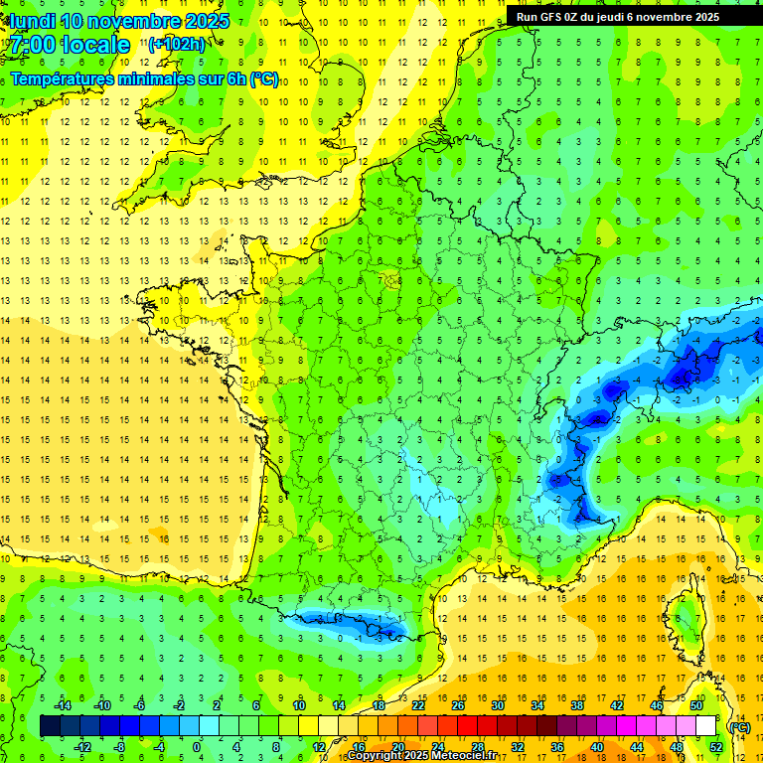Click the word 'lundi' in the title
[x=32, y=20]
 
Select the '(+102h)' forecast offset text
[x=177, y=44]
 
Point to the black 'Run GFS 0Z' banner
[x=625, y=16]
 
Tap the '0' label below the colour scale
[x=197, y=747]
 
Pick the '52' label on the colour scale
[x=715, y=747]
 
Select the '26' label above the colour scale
[x=457, y=705]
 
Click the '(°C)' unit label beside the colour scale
[x=739, y=727]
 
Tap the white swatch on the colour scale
[x=705, y=726]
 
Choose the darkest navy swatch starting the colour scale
[x=50, y=726]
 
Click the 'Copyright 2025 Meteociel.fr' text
[x=421, y=756]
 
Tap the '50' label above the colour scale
[x=695, y=705]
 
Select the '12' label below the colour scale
[x=318, y=747]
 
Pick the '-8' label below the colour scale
[x=119, y=747]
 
